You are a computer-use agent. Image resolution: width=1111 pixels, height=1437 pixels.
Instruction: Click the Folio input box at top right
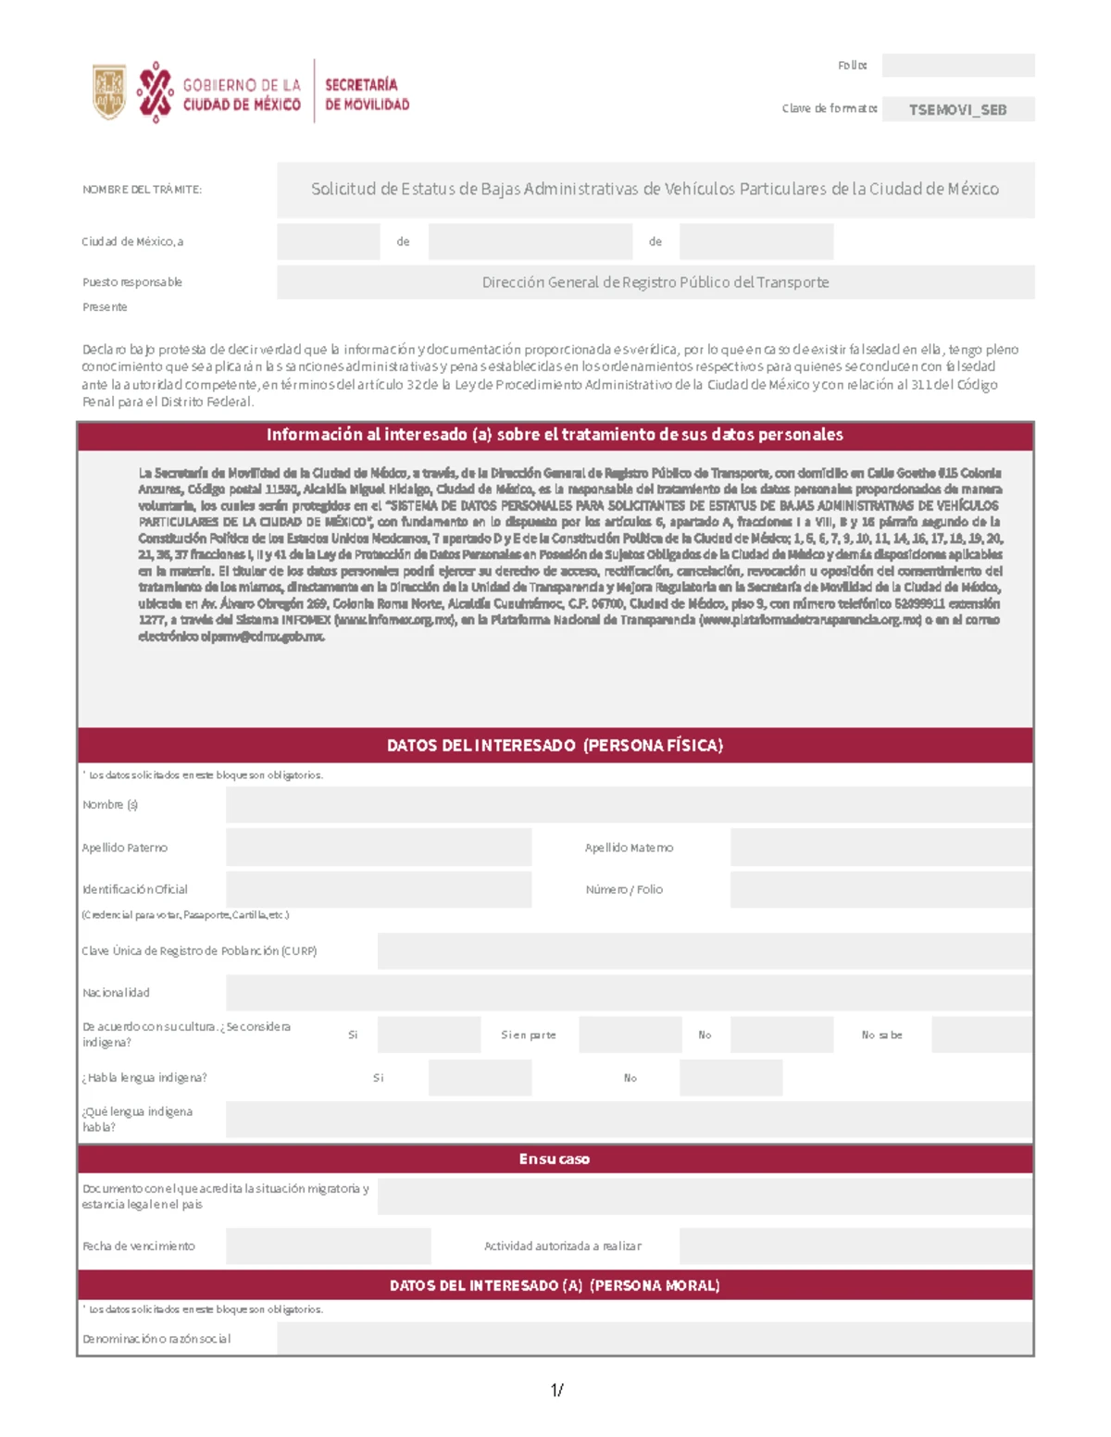[957, 66]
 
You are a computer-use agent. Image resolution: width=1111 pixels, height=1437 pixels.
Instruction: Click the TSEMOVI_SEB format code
[957, 109]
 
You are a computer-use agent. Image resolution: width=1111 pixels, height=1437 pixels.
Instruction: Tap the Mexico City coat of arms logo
[109, 92]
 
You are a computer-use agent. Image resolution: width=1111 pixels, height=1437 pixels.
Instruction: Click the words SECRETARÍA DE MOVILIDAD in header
[367, 94]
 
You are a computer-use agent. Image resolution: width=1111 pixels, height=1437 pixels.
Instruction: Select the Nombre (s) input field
[629, 805]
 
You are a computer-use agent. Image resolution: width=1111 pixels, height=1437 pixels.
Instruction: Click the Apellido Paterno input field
[379, 848]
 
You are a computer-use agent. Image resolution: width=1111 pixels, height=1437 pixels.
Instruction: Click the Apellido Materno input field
[880, 848]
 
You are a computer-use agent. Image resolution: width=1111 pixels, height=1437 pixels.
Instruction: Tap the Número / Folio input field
[880, 889]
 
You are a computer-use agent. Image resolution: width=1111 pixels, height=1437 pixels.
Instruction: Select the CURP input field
[705, 950]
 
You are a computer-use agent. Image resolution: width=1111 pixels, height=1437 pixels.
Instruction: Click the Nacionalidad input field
[629, 993]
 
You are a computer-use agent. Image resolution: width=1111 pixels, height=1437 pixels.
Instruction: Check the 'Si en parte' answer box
[630, 1034]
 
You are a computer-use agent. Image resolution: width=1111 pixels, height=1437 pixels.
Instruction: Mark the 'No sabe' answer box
[981, 1034]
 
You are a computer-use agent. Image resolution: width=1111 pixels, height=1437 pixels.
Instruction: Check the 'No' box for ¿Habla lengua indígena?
[730, 1078]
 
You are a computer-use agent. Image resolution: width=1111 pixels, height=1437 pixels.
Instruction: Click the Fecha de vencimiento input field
[328, 1246]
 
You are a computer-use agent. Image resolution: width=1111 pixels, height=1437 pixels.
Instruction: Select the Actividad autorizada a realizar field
[855, 1246]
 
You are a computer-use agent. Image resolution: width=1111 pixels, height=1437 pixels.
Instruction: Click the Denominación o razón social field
[655, 1338]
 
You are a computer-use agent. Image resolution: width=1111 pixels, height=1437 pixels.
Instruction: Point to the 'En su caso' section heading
[555, 1159]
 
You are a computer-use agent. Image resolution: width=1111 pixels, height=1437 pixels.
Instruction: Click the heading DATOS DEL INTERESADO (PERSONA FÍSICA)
[555, 746]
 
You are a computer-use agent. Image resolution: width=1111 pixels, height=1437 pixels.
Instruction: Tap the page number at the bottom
[556, 1390]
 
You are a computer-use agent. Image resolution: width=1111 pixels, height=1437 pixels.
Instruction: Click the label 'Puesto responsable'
[132, 282]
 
